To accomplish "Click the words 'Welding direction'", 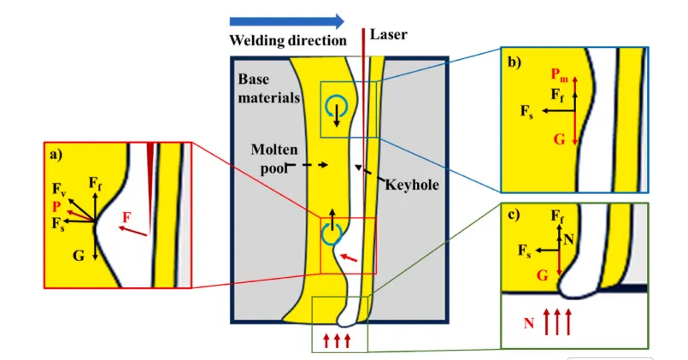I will (x=287, y=40).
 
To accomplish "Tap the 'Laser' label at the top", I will (x=389, y=35).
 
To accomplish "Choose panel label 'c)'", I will (x=516, y=213).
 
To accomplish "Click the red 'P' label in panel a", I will (x=56, y=206).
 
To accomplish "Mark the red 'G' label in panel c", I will (x=541, y=275).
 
